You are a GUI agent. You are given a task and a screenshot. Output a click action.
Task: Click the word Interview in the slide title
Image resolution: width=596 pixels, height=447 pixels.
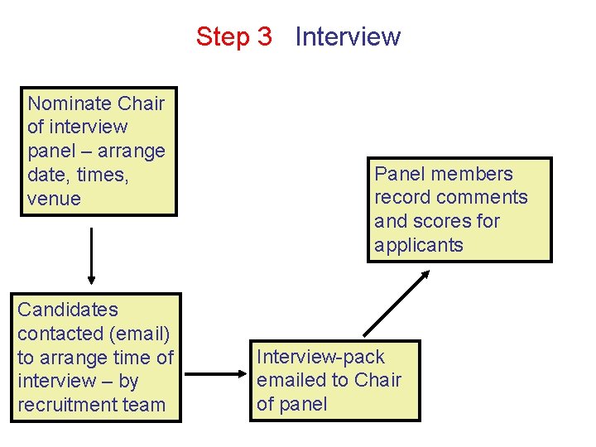click(x=348, y=36)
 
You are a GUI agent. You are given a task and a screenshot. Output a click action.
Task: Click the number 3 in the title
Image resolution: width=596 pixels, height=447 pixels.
click(x=263, y=36)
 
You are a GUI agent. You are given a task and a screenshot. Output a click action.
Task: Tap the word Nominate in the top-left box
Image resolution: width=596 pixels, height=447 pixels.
click(x=70, y=103)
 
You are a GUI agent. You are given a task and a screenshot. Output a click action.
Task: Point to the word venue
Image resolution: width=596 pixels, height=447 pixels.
click(x=54, y=199)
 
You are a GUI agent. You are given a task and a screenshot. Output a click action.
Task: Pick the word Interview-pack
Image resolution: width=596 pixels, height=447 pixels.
click(x=320, y=357)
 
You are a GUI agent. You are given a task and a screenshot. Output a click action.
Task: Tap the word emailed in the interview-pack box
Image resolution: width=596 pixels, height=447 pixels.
click(x=291, y=380)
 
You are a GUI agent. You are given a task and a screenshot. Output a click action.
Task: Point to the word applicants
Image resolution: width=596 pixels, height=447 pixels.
click(x=418, y=245)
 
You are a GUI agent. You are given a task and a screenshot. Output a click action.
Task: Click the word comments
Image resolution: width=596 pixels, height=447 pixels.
click(x=486, y=197)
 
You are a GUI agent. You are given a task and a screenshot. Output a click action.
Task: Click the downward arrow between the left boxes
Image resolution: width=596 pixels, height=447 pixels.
click(x=91, y=255)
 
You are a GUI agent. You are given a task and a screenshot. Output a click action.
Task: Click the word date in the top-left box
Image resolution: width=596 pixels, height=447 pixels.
click(x=46, y=175)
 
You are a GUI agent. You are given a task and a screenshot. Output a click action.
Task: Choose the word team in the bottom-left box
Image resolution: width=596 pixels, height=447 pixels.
click(x=144, y=405)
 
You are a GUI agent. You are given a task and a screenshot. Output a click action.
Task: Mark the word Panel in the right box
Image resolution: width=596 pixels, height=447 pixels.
click(x=399, y=174)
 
